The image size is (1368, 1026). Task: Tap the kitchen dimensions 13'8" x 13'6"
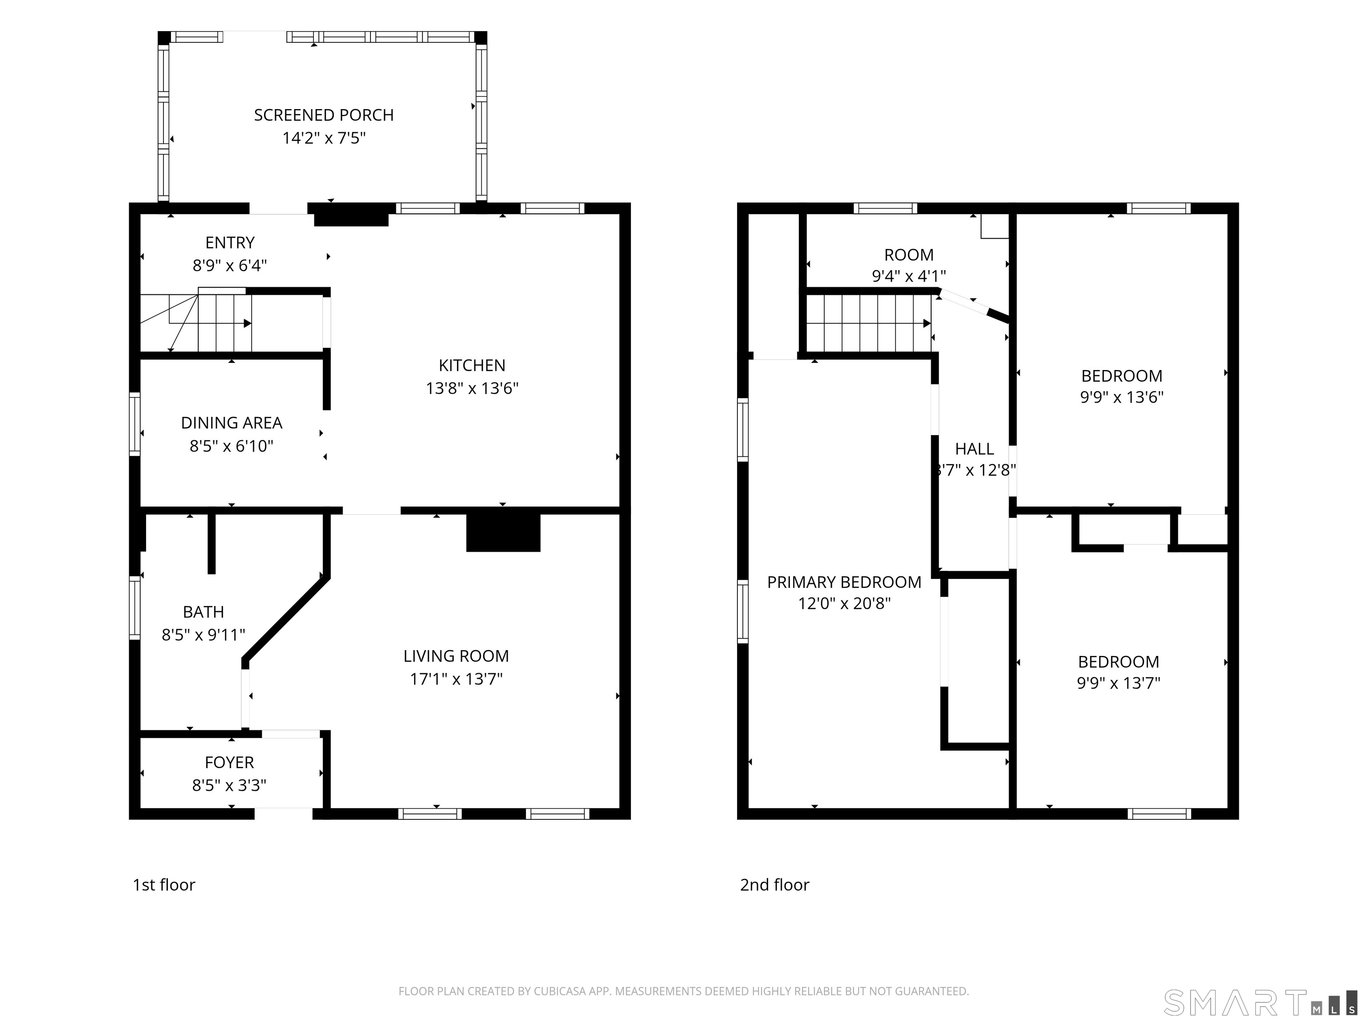coord(472,388)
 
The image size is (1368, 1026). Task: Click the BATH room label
coord(204,612)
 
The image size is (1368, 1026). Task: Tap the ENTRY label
coord(230,242)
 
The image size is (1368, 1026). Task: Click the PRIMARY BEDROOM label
coord(844,582)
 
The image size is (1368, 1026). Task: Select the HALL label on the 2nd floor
coord(974,449)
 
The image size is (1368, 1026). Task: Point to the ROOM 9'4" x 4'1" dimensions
coord(908,276)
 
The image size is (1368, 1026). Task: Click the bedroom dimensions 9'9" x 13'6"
coord(1122,397)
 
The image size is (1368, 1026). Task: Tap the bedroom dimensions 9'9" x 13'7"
coord(1119,683)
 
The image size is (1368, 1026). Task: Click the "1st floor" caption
coord(164,885)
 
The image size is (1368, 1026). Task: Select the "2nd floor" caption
coord(774,885)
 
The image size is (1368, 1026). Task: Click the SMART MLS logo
coord(1260,1002)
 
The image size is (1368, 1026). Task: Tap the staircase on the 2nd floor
coord(869,323)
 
